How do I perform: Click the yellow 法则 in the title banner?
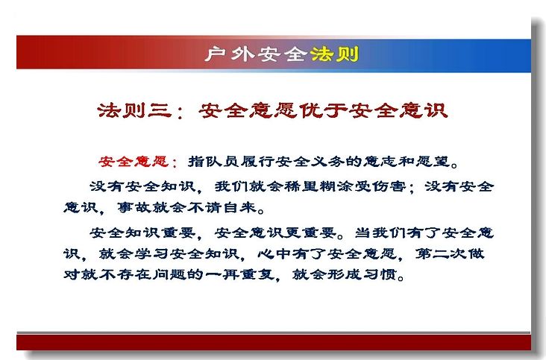coord(334,54)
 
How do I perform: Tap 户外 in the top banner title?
coord(230,54)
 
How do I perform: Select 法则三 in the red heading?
coord(136,110)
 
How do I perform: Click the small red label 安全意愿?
coord(134,162)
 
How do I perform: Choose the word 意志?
coord(380,162)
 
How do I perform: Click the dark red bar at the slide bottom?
coord(274,342)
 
